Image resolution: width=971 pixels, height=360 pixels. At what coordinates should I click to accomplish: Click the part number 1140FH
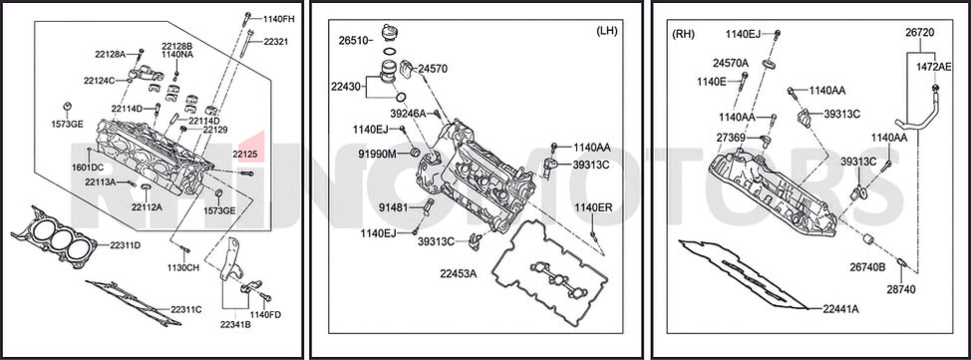[278, 19]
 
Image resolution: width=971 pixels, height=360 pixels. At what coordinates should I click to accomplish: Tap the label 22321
[275, 42]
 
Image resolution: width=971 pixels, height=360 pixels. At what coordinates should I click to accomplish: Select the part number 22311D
[125, 244]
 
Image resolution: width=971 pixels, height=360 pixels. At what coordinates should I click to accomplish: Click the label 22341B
[235, 324]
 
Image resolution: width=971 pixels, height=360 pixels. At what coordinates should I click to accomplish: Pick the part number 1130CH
[182, 267]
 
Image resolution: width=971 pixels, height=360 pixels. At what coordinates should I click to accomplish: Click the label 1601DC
[88, 168]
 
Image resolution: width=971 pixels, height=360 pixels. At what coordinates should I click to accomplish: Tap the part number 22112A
[147, 207]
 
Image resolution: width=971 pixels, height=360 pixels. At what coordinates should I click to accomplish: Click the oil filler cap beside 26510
[390, 32]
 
